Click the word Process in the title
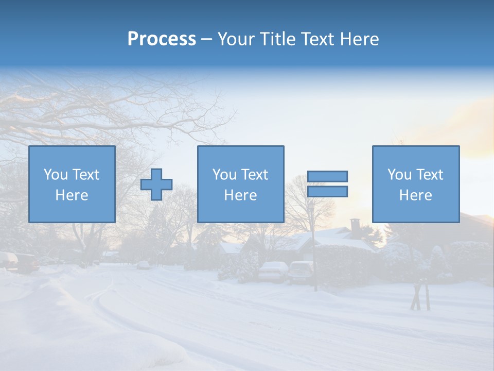[x=162, y=39]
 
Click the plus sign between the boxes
[x=156, y=184]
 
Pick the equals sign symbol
[x=327, y=184]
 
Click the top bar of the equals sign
[x=327, y=176]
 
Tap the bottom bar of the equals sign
[x=327, y=192]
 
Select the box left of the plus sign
[x=72, y=184]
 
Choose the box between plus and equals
[x=240, y=184]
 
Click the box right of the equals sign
[x=415, y=184]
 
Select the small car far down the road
[x=143, y=265]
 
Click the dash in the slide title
[x=206, y=39]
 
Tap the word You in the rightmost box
[x=399, y=175]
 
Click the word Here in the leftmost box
[x=72, y=195]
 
